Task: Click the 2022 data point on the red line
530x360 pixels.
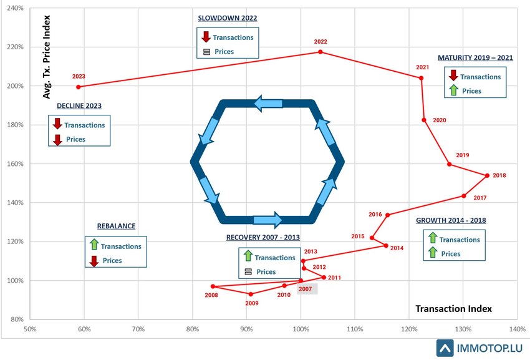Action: pos(320,52)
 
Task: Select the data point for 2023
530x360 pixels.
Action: pos(79,87)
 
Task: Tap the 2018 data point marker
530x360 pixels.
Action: pos(487,175)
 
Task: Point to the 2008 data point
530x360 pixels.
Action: pos(213,286)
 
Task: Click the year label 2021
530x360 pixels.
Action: pos(422,67)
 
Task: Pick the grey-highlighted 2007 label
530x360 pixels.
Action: pos(306,289)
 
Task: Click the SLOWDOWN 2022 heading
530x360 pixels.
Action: pos(228,18)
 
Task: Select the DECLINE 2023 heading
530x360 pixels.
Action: pos(79,105)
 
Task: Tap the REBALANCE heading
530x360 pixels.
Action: pos(116,226)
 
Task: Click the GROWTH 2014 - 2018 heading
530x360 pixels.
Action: pos(451,220)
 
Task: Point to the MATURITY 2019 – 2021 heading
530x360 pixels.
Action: pos(475,58)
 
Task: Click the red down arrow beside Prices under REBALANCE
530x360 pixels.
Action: pos(94,261)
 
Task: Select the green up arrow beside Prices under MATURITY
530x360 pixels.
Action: pos(453,90)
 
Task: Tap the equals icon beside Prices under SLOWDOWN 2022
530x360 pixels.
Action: pos(206,52)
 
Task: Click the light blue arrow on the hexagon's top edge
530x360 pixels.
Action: pos(268,103)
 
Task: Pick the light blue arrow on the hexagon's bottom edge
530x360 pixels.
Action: pos(267,220)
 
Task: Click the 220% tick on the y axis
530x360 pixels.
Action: pos(15,47)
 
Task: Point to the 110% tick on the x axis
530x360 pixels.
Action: pos(355,329)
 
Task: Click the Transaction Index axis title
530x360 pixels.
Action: pos(453,309)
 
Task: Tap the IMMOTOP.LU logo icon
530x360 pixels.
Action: pos(445,348)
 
